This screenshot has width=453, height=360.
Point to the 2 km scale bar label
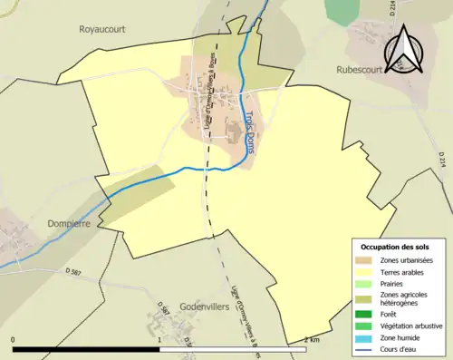(x=312, y=340)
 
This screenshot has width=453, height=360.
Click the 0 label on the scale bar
(x=14, y=340)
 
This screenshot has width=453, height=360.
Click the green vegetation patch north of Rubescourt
(x=342, y=11)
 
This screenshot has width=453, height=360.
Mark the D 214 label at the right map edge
(x=443, y=160)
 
